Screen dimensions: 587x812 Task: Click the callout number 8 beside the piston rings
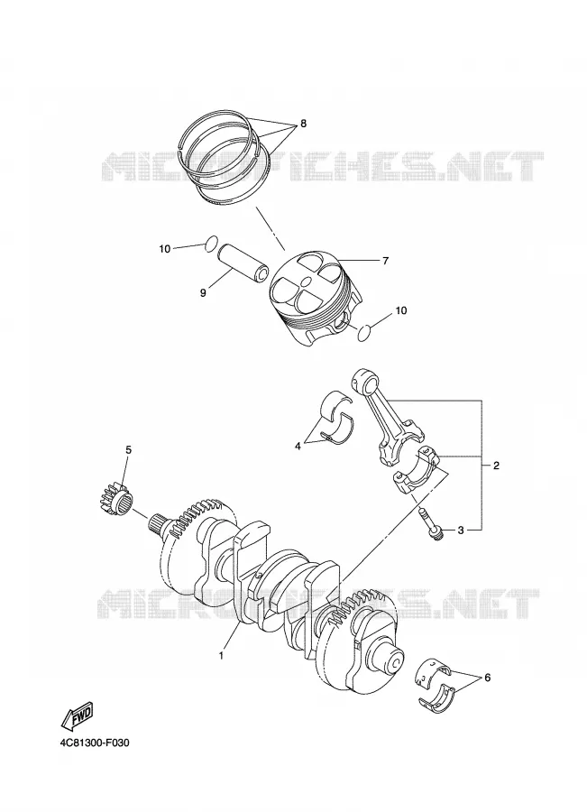[x=303, y=124]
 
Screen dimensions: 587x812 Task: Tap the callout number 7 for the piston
[x=385, y=261]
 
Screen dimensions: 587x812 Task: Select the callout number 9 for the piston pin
[x=203, y=293]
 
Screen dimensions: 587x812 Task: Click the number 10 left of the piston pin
[x=165, y=249]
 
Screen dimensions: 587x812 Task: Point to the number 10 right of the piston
[x=401, y=310]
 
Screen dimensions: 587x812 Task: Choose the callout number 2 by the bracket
[x=496, y=466]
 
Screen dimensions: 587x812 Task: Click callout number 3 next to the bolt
[x=461, y=530]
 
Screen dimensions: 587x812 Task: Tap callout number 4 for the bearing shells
[x=298, y=446]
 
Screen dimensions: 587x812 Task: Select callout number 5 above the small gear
[x=128, y=450]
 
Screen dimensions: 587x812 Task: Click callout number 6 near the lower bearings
[x=487, y=678]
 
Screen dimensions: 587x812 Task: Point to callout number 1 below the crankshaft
[x=221, y=656]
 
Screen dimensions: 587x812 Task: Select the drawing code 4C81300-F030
[x=94, y=743]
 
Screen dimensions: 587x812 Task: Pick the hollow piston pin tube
[x=243, y=261]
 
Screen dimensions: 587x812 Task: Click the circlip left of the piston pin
[x=211, y=244]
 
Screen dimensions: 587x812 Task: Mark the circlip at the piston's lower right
[x=365, y=334]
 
